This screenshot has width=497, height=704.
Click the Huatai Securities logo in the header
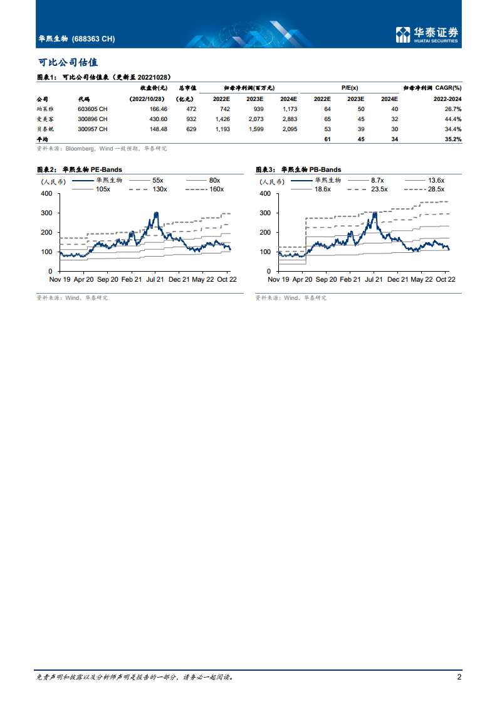427,35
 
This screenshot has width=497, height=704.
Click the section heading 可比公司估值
68,63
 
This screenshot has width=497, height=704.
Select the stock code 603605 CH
92,109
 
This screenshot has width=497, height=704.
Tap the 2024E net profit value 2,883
289,119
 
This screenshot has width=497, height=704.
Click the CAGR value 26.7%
453,109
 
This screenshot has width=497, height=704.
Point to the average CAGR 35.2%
453,139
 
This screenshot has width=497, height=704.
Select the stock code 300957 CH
92,129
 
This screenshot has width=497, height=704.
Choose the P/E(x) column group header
350,88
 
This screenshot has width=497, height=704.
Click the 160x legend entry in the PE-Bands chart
216,189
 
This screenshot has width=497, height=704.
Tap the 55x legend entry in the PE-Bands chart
158,180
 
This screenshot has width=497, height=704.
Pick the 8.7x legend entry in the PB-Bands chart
377,180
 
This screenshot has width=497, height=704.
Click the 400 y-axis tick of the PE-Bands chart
47,193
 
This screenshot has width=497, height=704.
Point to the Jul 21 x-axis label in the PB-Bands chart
374,279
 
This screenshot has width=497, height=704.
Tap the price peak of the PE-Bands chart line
156,213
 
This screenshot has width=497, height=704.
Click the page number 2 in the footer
459,677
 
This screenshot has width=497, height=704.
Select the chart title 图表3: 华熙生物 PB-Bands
298,169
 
